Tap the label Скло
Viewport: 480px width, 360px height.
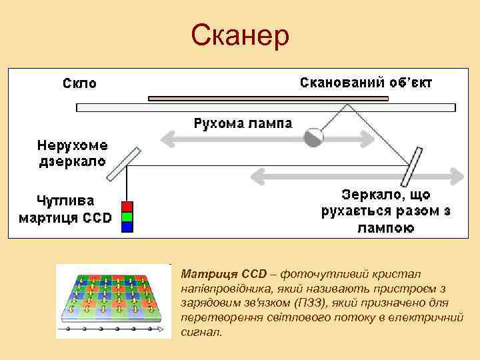pyautogui.click(x=79, y=83)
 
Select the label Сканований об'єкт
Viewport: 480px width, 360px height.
pyautogui.click(x=367, y=83)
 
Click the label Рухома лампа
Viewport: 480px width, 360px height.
pyautogui.click(x=243, y=123)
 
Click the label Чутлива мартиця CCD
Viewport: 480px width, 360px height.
pyautogui.click(x=65, y=209)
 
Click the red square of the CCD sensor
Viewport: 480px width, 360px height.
pyautogui.click(x=127, y=206)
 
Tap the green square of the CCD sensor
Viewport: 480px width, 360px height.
pyautogui.click(x=127, y=216)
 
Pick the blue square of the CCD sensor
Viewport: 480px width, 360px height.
pyautogui.click(x=127, y=226)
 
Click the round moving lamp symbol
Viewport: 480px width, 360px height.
pyautogui.click(x=313, y=137)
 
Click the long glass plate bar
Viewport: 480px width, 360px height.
pyautogui.click(x=267, y=107)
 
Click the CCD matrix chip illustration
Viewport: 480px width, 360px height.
pyautogui.click(x=113, y=301)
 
